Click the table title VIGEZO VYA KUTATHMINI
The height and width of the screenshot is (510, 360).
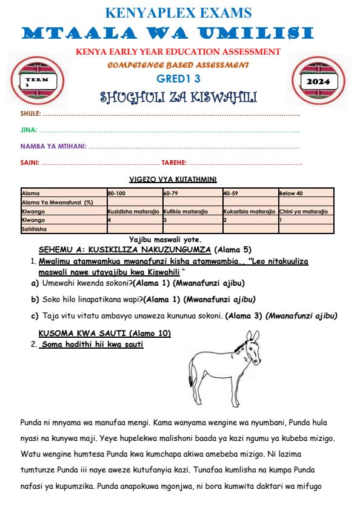pyautogui.click(x=173, y=180)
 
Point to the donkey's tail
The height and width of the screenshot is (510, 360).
pyautogui.click(x=193, y=373)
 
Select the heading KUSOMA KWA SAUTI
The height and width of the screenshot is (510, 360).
pyautogui.click(x=105, y=334)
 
